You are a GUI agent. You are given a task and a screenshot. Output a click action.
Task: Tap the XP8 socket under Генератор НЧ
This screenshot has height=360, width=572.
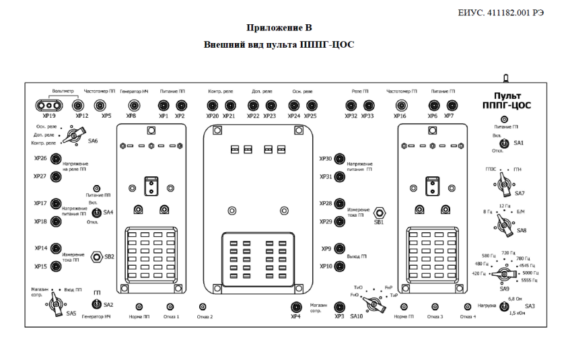tap(133, 105)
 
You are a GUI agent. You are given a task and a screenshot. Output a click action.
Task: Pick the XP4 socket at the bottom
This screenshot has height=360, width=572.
tap(295, 307)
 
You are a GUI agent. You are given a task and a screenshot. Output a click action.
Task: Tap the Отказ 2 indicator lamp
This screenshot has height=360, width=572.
tap(201, 307)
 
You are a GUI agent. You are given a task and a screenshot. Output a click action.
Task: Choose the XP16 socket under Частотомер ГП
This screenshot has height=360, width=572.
tap(401, 105)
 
